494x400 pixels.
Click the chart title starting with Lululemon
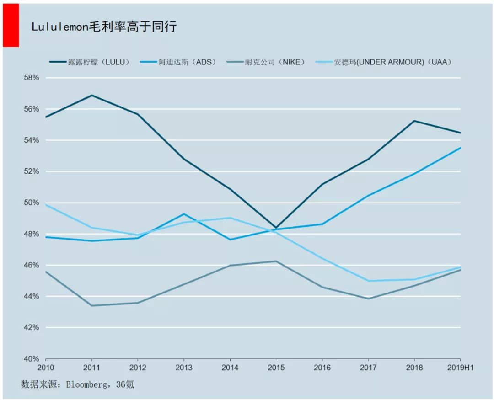coord(104,27)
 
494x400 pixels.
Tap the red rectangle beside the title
coord(11,25)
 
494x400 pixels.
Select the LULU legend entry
coord(90,62)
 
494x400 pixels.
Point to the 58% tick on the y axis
coord(32,78)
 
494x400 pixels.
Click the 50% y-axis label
coord(32,203)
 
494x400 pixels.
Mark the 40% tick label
coord(32,359)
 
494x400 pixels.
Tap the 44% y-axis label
coord(32,296)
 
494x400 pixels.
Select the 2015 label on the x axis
coord(276,367)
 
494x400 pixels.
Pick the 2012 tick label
coord(138,367)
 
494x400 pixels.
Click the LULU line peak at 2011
coord(92,95)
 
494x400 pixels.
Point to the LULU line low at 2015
coord(276,228)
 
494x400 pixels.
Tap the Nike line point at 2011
coord(92,305)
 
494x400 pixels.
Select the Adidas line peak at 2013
coord(184,214)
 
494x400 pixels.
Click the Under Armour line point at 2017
coord(368,281)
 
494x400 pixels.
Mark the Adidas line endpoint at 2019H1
coord(460,148)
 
